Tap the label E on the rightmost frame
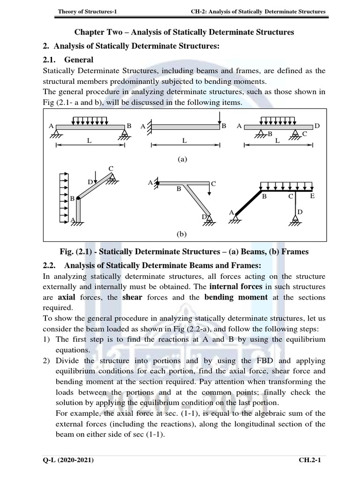coord(312,196)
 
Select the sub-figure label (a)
coord(182,159)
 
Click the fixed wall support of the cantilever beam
coord(150,127)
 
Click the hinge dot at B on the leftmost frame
coord(78,199)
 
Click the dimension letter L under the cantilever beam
coord(184,141)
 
